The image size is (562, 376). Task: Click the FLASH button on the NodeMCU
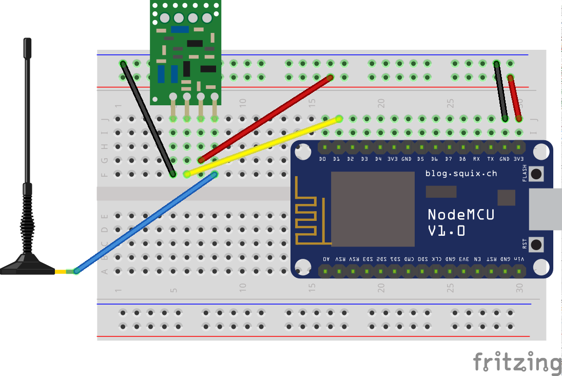click(x=536, y=174)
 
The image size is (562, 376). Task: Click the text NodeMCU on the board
click(x=461, y=214)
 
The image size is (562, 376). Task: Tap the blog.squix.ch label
click(x=461, y=174)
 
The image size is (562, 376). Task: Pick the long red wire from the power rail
click(x=265, y=119)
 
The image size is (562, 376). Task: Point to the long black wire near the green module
click(x=148, y=119)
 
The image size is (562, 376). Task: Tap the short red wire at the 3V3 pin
click(x=514, y=98)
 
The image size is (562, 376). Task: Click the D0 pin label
click(x=323, y=160)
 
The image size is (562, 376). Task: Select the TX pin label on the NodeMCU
click(x=490, y=160)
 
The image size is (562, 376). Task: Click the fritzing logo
click(x=516, y=362)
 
